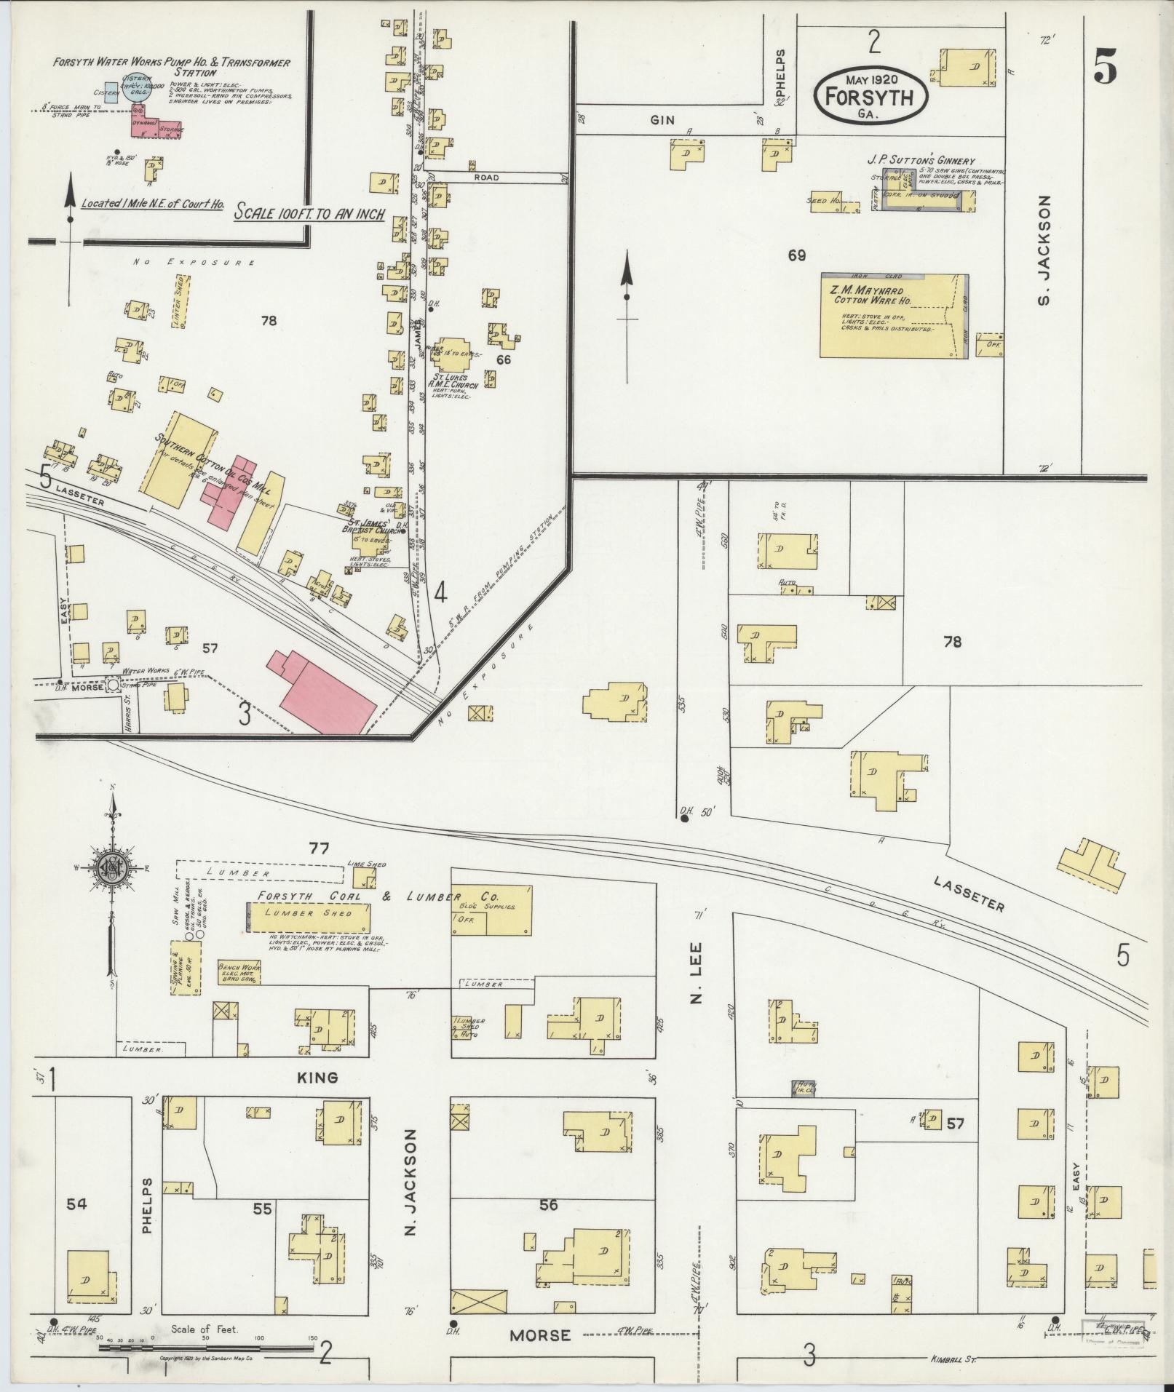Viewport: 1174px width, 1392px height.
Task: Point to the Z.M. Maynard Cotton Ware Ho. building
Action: tap(894, 316)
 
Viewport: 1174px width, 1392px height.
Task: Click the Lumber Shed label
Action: tap(308, 913)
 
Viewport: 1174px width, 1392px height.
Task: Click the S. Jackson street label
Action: tap(1045, 250)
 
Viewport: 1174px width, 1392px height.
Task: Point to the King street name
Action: tap(318, 1078)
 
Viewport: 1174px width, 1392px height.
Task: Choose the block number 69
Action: tap(797, 255)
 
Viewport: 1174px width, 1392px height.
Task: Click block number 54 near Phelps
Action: tap(76, 1204)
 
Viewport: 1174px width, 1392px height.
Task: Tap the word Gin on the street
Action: tap(662, 121)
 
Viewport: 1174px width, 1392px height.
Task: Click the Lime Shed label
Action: tap(367, 864)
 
